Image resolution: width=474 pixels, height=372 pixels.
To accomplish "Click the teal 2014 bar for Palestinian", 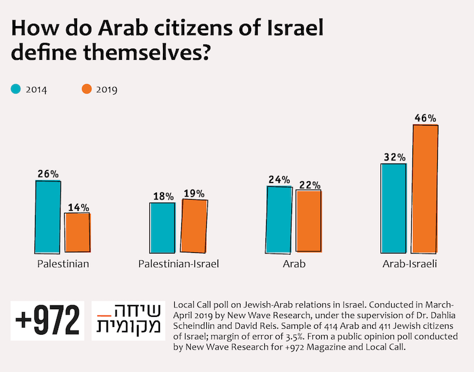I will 48,216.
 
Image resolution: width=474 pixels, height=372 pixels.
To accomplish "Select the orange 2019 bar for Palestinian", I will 77,232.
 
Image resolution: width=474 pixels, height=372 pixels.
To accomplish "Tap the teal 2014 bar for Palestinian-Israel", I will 162,227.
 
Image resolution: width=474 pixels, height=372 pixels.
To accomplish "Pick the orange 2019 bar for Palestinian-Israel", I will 194,226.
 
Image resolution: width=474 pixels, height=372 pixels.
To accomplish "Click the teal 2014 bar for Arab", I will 279,219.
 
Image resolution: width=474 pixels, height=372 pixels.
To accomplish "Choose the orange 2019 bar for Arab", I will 309,221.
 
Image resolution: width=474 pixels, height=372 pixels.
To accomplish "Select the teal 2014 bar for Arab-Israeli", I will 393,208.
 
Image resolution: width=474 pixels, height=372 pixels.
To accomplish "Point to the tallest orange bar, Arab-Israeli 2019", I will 425,189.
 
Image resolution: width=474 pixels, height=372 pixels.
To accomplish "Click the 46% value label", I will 425,118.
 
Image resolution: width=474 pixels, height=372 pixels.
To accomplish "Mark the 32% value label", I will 393,157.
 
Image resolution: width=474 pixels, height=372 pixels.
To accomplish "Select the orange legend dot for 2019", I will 87,89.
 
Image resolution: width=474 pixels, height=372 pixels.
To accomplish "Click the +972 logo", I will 47,321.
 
